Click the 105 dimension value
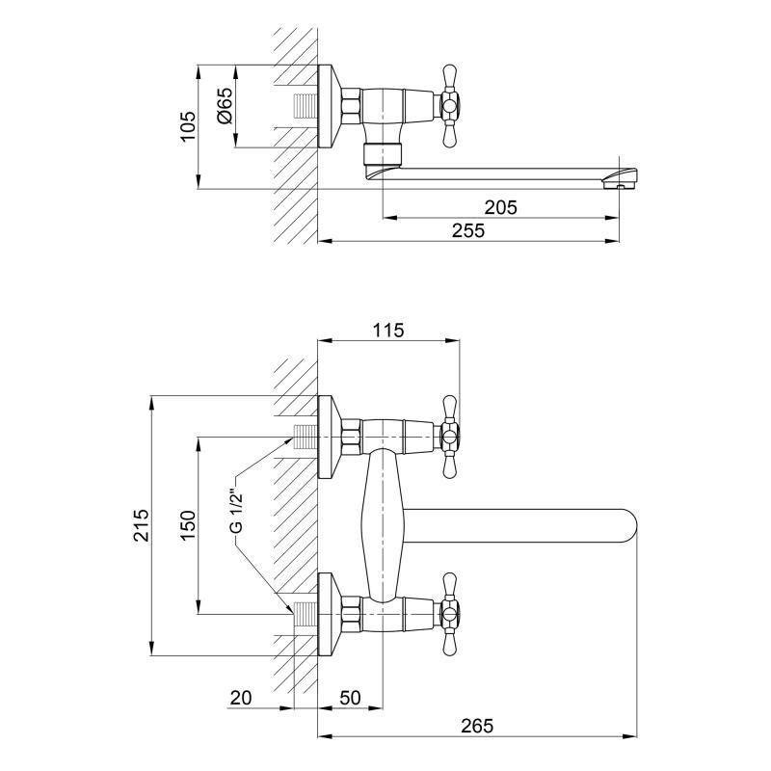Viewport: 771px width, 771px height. tap(187, 126)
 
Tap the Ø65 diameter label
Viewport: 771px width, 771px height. tap(225, 106)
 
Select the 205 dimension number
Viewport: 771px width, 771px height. tap(500, 207)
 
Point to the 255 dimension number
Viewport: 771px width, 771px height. tap(468, 230)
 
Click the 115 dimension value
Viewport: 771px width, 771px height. tap(388, 330)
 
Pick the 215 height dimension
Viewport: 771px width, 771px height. tap(140, 525)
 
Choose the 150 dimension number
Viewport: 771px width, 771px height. tap(187, 525)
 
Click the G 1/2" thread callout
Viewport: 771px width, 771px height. tap(236, 511)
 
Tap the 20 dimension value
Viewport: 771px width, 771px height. tap(241, 697)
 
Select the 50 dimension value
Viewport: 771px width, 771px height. tap(350, 697)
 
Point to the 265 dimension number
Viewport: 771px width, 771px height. tap(477, 726)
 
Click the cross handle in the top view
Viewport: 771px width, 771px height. tap(450, 106)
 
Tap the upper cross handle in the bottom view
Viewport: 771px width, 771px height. tap(450, 437)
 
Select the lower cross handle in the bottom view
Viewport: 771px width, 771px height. tap(450, 614)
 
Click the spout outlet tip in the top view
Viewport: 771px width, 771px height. tap(620, 179)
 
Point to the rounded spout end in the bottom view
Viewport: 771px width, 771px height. tap(627, 525)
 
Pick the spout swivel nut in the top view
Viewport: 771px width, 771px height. tap(382, 153)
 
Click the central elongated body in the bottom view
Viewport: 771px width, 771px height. tap(382, 525)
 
